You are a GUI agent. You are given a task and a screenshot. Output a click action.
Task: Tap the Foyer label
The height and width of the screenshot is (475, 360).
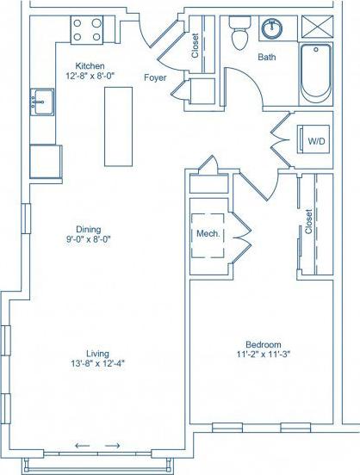(x=156, y=77)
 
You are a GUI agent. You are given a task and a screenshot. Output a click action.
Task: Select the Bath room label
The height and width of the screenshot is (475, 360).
(x=266, y=58)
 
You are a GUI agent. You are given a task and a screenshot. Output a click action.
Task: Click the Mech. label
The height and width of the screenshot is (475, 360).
(x=208, y=234)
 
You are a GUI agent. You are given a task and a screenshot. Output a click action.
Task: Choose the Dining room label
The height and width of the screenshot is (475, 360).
(x=89, y=229)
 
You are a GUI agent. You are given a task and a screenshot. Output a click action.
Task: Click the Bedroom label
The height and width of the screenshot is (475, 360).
(x=264, y=344)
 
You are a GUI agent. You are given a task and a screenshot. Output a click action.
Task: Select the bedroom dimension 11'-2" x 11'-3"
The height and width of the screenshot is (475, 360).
(x=264, y=355)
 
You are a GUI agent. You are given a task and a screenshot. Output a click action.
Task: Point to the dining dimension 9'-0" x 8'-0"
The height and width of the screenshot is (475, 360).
(x=89, y=240)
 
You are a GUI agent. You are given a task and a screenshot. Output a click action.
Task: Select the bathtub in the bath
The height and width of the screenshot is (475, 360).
(x=316, y=72)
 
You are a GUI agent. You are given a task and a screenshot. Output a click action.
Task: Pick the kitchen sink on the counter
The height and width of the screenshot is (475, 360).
(x=40, y=102)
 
